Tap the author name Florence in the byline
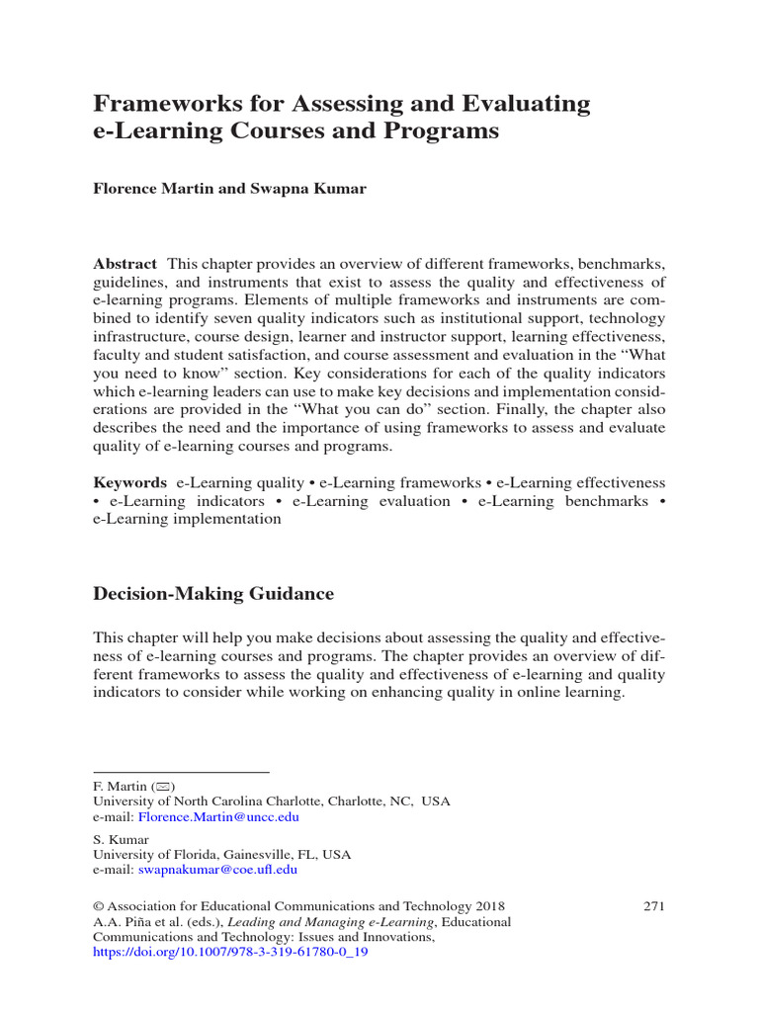tap(126, 189)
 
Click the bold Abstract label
tap(125, 264)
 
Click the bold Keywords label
tap(129, 483)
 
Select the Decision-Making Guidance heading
tap(212, 594)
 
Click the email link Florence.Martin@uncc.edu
tap(218, 817)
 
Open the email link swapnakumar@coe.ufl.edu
tap(217, 870)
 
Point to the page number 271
tap(653, 905)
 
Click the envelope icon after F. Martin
tap(158, 787)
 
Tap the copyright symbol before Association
tap(98, 905)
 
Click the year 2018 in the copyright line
tap(488, 905)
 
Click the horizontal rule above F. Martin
tap(181, 771)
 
